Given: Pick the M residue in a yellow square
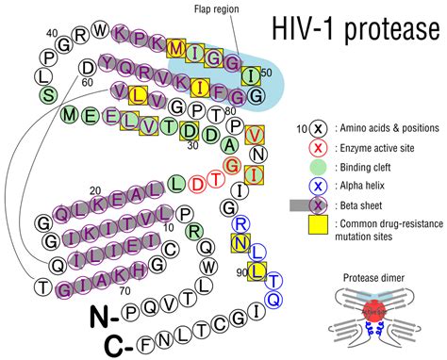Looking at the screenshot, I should click(176, 47).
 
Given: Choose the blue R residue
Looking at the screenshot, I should click(240, 223).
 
